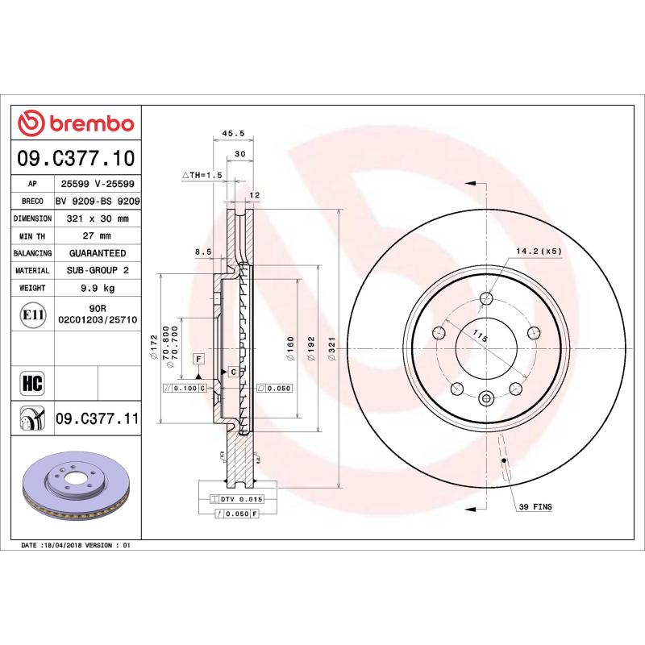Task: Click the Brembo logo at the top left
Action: pos(76,123)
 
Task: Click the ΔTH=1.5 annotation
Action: pos(201,175)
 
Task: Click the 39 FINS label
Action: pos(535,506)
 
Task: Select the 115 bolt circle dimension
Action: pos(481,335)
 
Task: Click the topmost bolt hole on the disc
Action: pos(485,300)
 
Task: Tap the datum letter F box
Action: pos(197,357)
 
